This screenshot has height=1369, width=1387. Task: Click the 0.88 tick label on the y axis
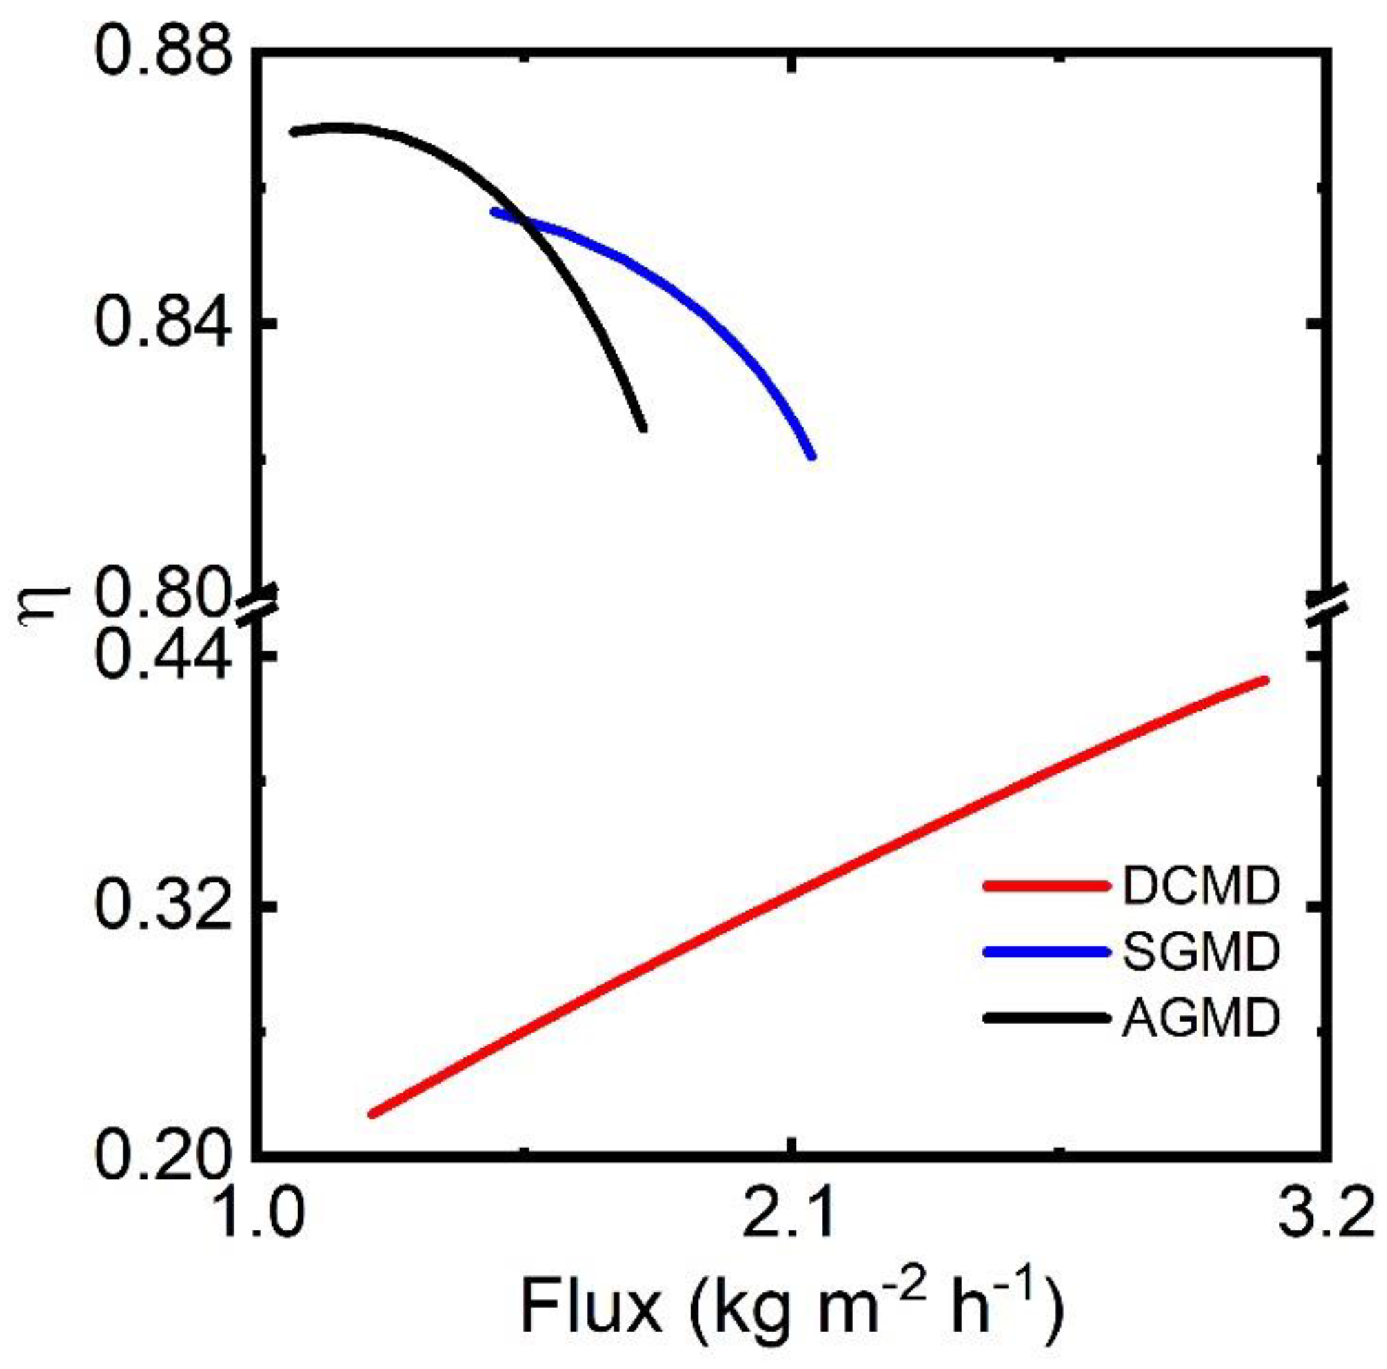[x=159, y=49]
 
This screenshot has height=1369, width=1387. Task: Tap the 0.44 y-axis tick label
[x=159, y=655]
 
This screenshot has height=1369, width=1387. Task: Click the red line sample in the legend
[x=1046, y=887]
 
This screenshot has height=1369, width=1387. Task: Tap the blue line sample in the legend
[x=1046, y=953]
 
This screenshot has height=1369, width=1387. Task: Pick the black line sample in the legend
[x=1046, y=1018]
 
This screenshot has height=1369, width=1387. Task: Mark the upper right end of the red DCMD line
[x=1265, y=680]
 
